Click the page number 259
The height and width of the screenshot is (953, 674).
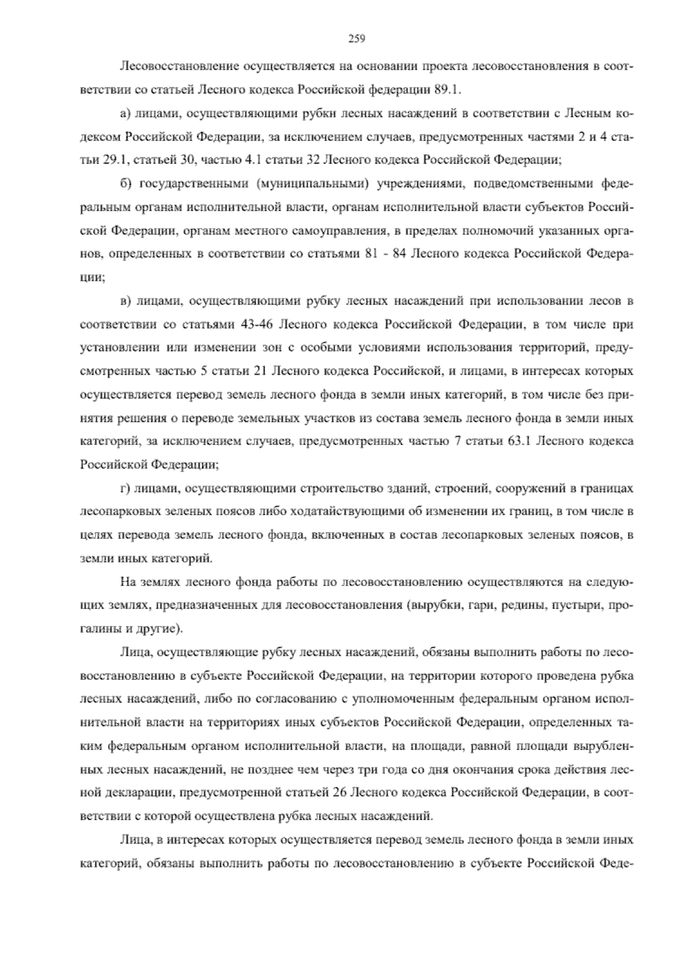point(357,39)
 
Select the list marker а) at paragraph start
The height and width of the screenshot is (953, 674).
point(126,114)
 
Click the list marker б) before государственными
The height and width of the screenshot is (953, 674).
point(126,183)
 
